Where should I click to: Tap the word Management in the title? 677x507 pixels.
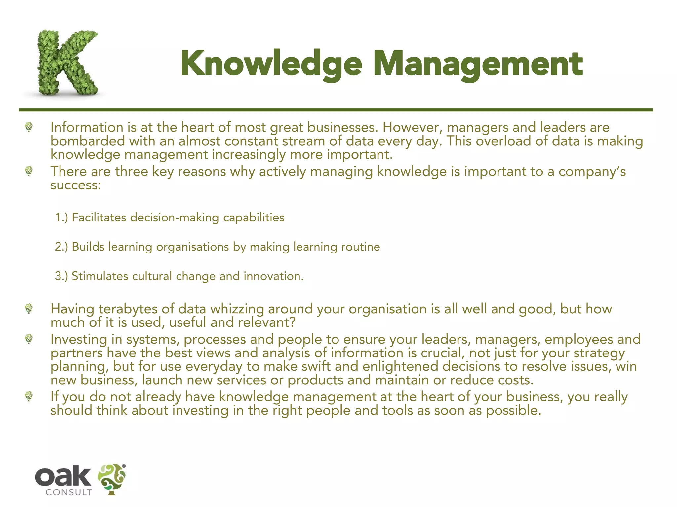click(x=478, y=64)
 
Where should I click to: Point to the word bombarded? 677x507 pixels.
click(x=88, y=141)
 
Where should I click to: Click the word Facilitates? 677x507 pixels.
click(x=99, y=218)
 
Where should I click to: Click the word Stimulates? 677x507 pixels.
click(x=100, y=276)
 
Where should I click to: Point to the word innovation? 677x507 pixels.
click(x=273, y=276)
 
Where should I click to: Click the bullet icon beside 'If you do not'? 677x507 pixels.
click(x=29, y=396)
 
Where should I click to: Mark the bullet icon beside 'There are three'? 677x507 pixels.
click(x=29, y=171)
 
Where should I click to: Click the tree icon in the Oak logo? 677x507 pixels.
click(x=112, y=479)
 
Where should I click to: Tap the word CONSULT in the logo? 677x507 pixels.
click(x=68, y=492)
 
